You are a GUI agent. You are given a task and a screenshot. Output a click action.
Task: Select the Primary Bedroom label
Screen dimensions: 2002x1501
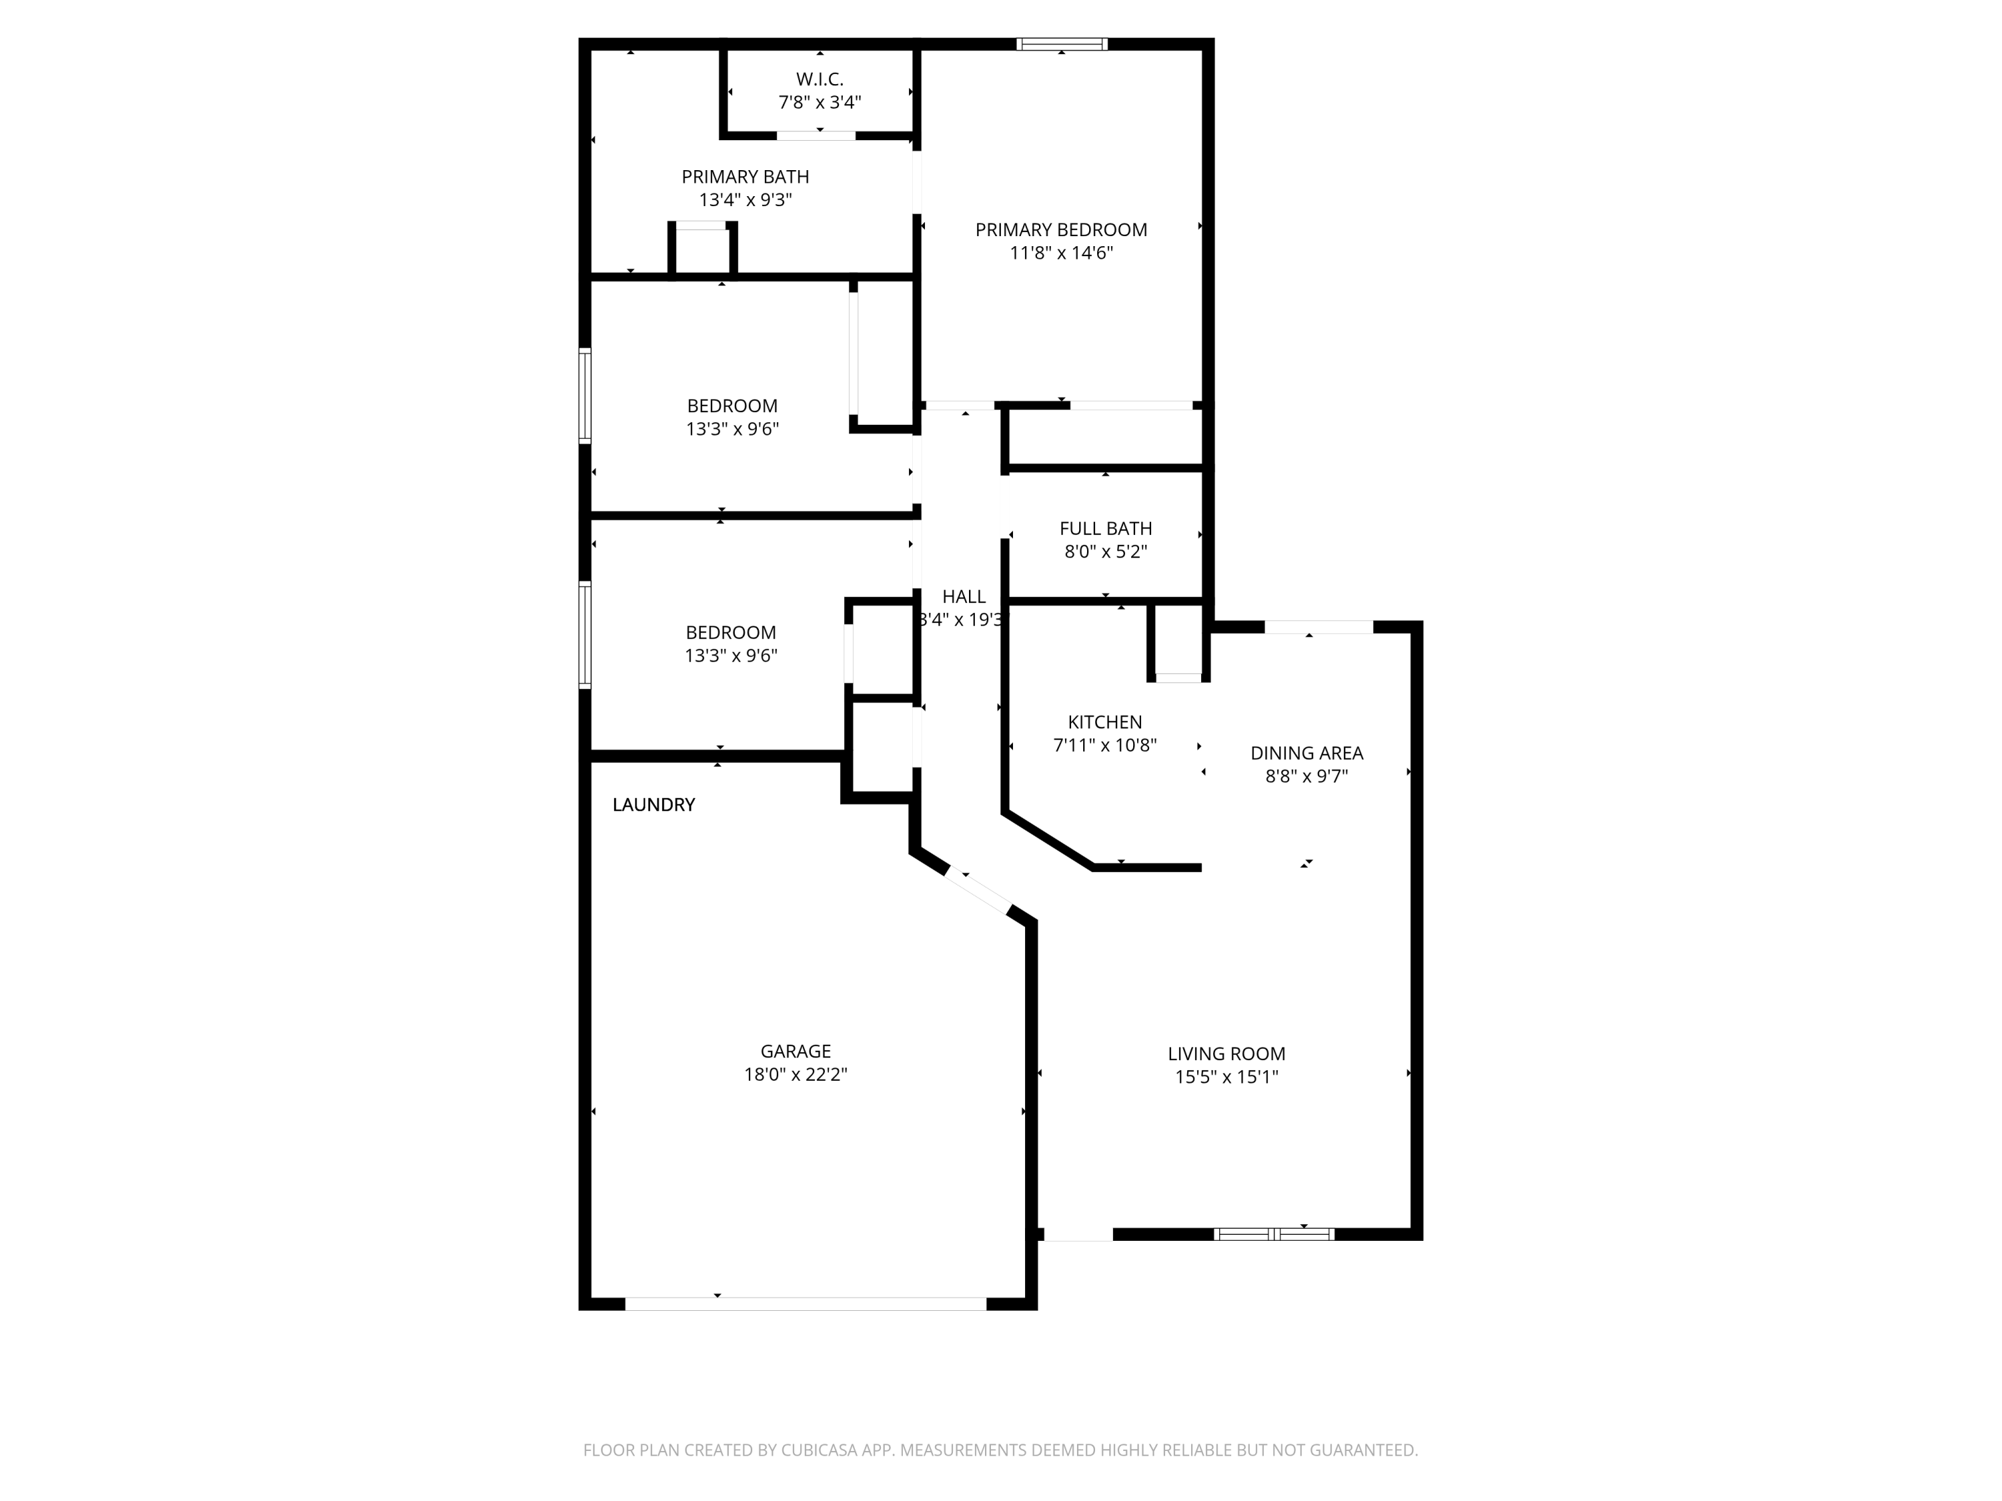click(x=1061, y=229)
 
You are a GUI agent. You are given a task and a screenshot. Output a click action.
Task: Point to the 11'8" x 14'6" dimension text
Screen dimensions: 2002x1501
click(x=1061, y=254)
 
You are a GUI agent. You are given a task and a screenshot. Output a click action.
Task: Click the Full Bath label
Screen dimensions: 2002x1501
click(x=1105, y=528)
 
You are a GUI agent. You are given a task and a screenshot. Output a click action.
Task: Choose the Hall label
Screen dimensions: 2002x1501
click(x=963, y=597)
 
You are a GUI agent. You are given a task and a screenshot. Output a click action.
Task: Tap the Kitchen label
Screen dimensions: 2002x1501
click(x=1104, y=722)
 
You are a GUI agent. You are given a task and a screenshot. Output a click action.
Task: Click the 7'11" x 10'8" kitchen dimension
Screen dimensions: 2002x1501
click(x=1104, y=746)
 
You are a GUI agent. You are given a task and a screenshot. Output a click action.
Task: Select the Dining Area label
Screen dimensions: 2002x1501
click(x=1306, y=753)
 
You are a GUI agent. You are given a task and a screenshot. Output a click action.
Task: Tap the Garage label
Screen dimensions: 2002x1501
click(x=795, y=1051)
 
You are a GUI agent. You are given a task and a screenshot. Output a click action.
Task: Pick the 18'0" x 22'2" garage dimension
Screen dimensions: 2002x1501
click(x=795, y=1075)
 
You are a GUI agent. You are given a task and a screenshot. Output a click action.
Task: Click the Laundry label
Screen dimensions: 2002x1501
click(x=653, y=805)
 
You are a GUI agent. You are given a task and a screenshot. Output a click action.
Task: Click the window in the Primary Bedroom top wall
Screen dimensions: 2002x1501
click(x=1061, y=43)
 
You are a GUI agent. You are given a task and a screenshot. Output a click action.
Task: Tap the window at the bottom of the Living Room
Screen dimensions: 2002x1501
click(x=1273, y=1234)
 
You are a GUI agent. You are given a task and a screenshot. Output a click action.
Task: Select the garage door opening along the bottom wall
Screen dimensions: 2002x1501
click(x=805, y=1304)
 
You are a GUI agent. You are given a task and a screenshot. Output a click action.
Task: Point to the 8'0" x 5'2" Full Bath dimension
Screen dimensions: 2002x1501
click(x=1105, y=552)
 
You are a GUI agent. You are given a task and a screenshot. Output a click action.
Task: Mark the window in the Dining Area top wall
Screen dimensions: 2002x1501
click(x=1319, y=627)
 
